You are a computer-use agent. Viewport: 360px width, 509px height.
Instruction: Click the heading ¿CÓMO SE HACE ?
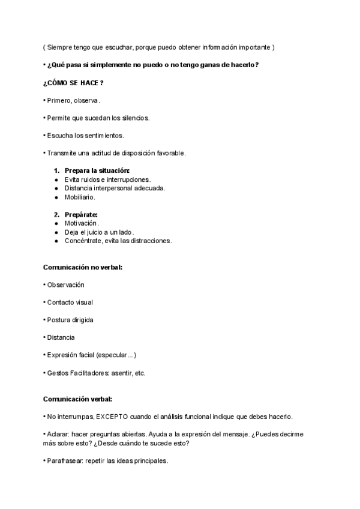(x=69, y=82)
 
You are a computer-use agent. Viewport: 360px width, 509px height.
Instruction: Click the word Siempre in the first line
(x=60, y=47)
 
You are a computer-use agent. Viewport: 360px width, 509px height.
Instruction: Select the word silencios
(x=135, y=118)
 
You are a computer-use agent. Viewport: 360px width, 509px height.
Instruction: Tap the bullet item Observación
(x=65, y=285)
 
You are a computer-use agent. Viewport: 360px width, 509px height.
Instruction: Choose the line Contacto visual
(x=70, y=302)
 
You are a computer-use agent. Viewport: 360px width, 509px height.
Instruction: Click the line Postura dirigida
(x=70, y=320)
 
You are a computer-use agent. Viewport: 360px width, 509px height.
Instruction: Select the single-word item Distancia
(x=61, y=337)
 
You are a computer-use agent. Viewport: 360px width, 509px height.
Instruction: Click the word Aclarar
(x=58, y=434)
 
